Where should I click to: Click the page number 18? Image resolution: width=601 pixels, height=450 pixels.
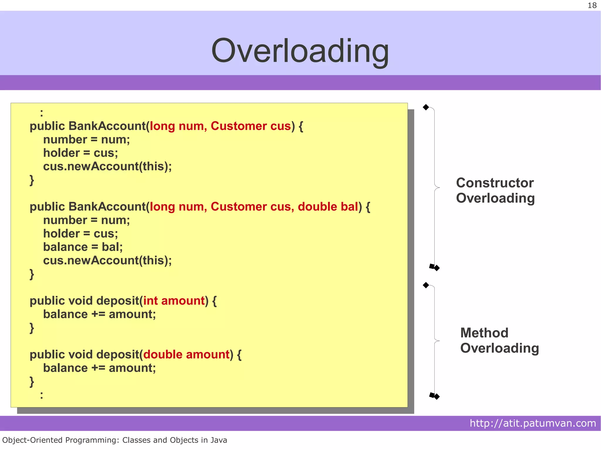click(592, 6)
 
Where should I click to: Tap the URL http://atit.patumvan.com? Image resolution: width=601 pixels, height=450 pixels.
click(533, 423)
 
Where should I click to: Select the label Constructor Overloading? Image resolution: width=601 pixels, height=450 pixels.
click(495, 190)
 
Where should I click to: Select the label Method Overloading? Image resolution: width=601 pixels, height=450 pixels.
click(499, 340)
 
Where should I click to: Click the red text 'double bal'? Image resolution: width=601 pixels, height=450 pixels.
click(328, 207)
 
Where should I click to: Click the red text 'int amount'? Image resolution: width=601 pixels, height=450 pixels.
click(174, 301)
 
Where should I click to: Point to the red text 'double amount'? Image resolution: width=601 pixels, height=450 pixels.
click(186, 354)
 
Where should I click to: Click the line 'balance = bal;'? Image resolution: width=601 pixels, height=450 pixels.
click(83, 247)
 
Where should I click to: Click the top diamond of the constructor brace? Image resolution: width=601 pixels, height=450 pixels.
click(426, 107)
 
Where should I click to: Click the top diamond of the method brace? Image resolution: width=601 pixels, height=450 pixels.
click(426, 285)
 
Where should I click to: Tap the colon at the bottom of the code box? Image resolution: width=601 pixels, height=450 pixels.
click(41, 395)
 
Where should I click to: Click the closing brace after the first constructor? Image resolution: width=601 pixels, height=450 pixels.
click(32, 180)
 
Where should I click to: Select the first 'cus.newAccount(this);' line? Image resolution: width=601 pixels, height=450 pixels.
click(107, 167)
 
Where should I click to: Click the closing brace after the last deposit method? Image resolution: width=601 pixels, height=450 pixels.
click(32, 382)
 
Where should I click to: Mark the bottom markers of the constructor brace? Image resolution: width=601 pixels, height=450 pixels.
click(434, 267)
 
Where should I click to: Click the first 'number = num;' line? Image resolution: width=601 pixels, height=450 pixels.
click(86, 140)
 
